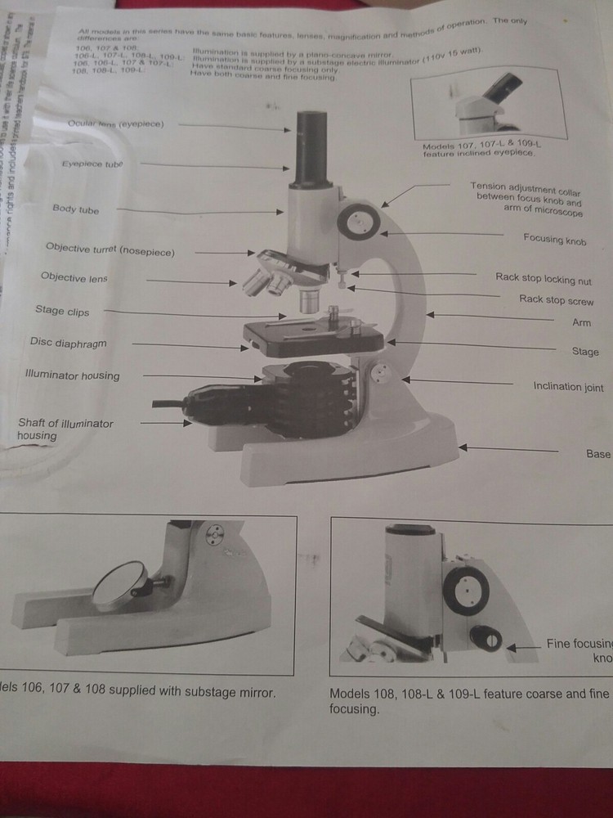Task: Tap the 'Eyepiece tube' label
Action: click(92, 164)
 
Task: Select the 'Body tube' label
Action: click(75, 209)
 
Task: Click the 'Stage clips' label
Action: click(62, 311)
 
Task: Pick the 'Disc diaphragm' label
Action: click(68, 344)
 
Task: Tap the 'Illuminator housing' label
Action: click(72, 376)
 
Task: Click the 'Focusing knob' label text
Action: click(555, 239)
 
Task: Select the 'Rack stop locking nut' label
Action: click(544, 279)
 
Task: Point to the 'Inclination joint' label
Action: click(569, 386)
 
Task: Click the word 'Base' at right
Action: click(598, 453)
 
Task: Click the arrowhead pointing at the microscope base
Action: click(464, 447)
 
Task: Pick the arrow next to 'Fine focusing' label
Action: click(514, 646)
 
